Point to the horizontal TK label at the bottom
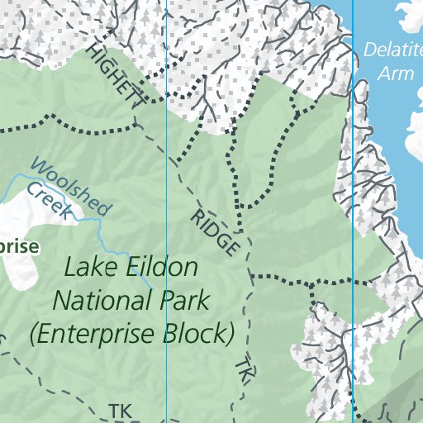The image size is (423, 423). (x=121, y=410)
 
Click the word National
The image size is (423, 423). (x=102, y=301)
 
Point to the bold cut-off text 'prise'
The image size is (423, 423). (x=18, y=246)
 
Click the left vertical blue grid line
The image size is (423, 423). (x=167, y=165)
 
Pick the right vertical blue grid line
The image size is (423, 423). (x=353, y=165)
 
